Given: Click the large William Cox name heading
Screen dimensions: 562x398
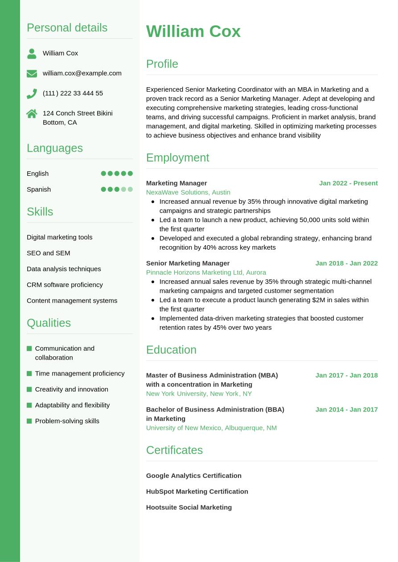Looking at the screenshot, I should (193, 32).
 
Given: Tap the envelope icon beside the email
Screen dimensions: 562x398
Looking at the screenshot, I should (32, 73).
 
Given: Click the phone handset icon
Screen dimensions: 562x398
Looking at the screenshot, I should (32, 93).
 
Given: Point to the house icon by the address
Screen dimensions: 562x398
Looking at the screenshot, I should (32, 113).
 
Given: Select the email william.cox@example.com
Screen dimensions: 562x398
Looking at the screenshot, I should (82, 73).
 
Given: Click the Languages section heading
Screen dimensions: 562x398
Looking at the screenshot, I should (55, 148).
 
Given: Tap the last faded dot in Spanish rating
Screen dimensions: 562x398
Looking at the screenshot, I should (130, 190).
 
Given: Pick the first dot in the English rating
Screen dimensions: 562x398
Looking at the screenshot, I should (103, 174).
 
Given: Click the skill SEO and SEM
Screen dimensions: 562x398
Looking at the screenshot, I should (48, 253).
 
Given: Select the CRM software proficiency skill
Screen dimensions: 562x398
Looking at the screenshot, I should (65, 285).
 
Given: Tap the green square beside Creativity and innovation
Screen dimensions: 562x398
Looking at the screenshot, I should (29, 389).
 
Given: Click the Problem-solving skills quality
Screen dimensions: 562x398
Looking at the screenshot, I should (67, 421).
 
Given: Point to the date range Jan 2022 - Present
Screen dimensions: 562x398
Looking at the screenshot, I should (348, 183).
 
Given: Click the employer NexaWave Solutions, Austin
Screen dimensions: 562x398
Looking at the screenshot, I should (188, 192).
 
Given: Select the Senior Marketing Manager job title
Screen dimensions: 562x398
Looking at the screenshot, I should (188, 263).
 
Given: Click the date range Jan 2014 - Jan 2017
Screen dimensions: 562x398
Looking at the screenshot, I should (346, 409).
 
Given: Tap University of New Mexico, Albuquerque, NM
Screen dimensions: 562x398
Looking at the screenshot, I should (211, 428).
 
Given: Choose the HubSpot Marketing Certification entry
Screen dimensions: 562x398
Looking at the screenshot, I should (197, 492).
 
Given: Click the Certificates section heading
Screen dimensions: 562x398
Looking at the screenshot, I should (174, 450).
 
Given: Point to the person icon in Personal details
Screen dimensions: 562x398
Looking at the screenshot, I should (32, 53).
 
